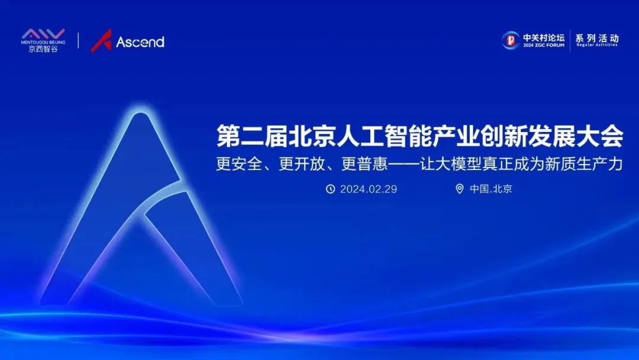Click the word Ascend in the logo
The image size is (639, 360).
tap(140, 42)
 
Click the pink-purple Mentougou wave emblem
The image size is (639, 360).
tap(43, 34)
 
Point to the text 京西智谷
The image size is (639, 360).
tap(43, 49)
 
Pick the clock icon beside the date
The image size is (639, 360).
tap(330, 189)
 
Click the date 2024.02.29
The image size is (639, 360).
tap(368, 189)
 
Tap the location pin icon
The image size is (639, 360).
tap(459, 189)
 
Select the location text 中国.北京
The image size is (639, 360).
tap(491, 189)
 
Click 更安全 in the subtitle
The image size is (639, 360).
tap(238, 164)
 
